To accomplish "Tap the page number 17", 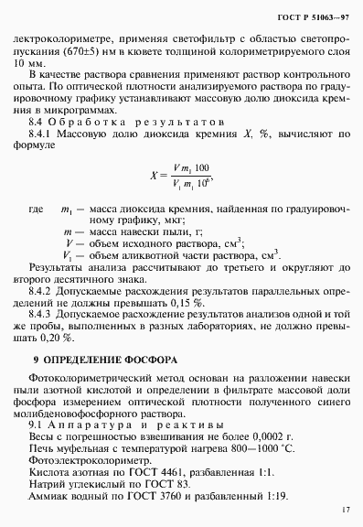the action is click(344, 510).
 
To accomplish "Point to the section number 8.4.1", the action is click(42, 133).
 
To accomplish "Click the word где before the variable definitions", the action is click(36, 210).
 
